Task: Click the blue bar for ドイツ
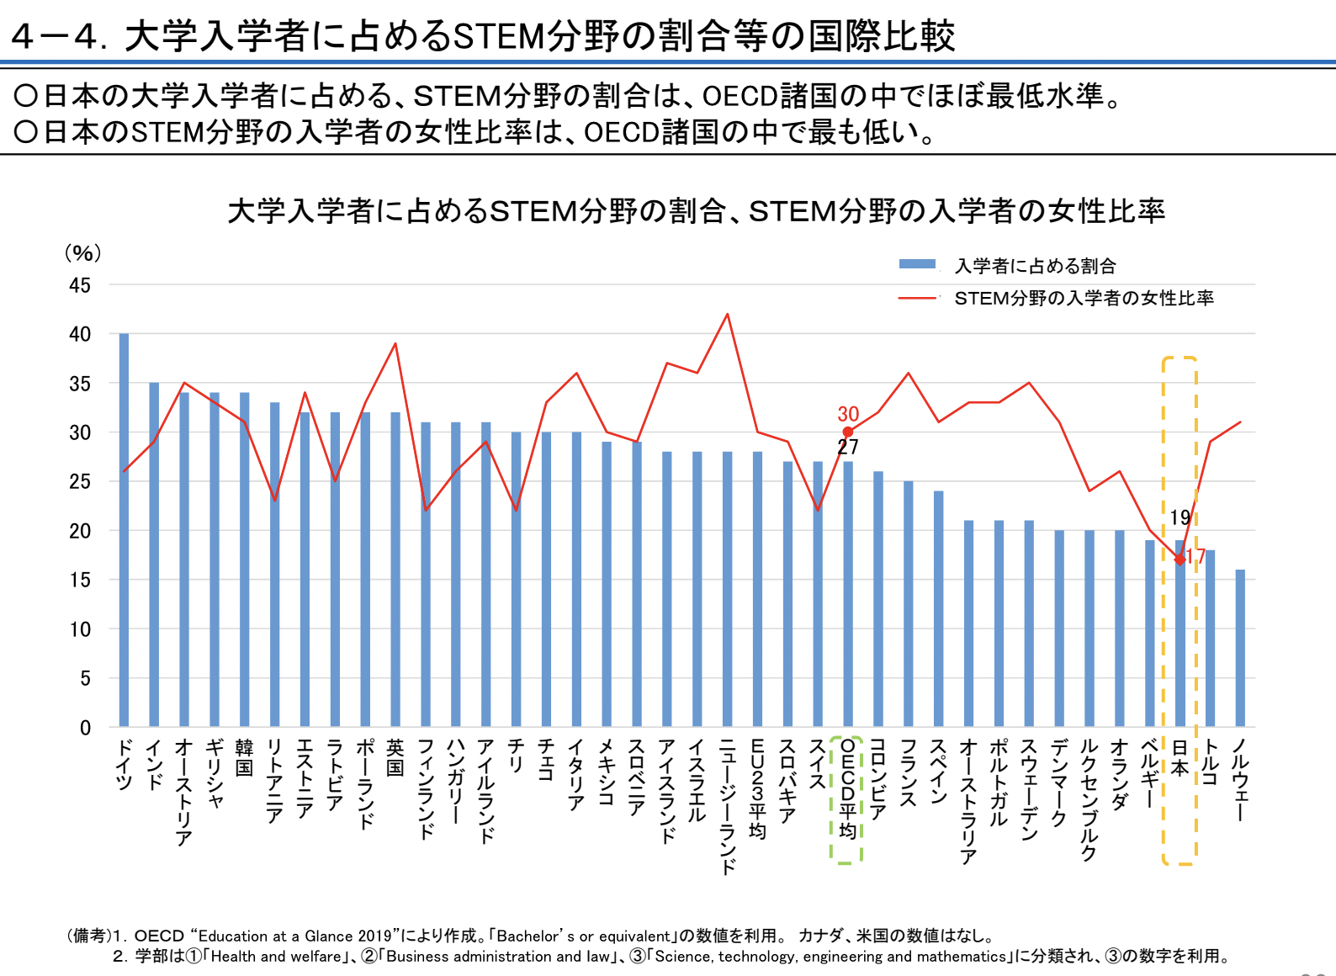pos(124,530)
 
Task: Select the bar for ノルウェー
pos(1240,648)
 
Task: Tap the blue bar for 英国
pos(395,569)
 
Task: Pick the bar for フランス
pos(909,604)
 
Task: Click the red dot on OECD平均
pos(847,432)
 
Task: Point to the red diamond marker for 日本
pos(1180,560)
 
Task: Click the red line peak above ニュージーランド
pos(727,315)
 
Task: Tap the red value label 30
pos(848,413)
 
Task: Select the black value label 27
pos(848,446)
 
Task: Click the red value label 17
pos(1196,556)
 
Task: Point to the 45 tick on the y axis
pos(80,285)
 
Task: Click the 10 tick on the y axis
pos(80,629)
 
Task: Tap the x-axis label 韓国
pos(245,757)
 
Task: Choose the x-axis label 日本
pos(1180,757)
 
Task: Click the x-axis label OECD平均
pos(847,788)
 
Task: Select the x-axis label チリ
pos(516,756)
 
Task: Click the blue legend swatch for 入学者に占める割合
pos(917,263)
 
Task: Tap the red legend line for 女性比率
pos(917,298)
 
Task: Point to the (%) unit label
pos(83,253)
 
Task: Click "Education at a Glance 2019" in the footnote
pos(294,936)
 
